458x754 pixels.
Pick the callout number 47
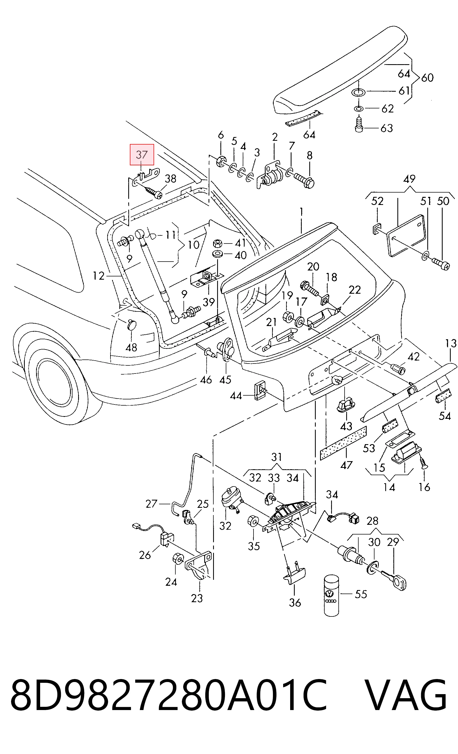(x=346, y=465)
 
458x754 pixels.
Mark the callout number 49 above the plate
(x=410, y=179)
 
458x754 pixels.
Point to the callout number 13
(x=451, y=343)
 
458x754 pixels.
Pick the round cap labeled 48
(x=132, y=324)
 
